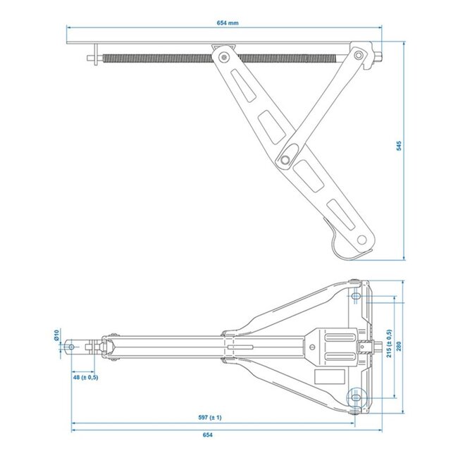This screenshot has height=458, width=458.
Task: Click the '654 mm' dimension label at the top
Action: coord(228,23)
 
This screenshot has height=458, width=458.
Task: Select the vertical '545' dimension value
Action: coord(399,146)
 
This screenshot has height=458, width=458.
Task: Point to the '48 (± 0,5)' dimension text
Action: coord(85,378)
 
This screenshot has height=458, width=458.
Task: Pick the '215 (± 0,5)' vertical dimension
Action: coord(389,346)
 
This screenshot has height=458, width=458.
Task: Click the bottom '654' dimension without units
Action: coord(228,435)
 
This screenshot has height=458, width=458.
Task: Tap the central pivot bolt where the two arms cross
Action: coord(285,160)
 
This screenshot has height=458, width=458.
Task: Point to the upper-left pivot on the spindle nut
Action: coord(223,56)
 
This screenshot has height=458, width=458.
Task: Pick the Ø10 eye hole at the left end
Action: coord(72,346)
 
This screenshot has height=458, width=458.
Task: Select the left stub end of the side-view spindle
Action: coord(92,58)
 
